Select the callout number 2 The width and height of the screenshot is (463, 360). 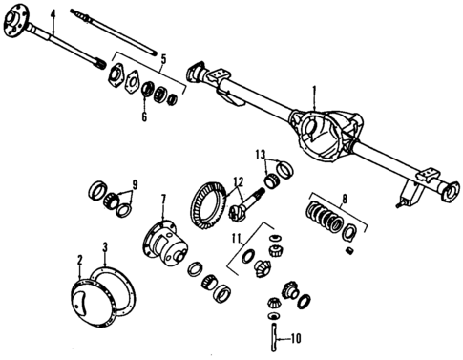[80, 259]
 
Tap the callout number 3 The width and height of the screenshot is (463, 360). [104, 247]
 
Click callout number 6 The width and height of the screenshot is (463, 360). [145, 117]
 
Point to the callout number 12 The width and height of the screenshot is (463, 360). [239, 181]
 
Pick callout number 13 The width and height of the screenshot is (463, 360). [260, 153]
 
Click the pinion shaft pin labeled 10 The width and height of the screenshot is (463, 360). [275, 335]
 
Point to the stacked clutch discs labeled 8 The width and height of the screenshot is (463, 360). [325, 222]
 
